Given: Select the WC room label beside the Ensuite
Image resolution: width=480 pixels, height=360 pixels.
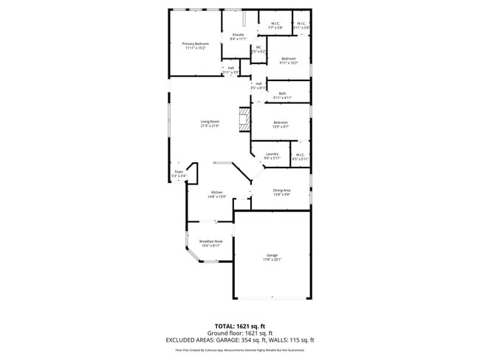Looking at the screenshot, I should (258, 49).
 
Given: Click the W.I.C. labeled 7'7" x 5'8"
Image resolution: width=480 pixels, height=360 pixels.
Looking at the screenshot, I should (275, 25).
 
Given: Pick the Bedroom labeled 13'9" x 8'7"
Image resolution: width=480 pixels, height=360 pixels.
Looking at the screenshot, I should (281, 124).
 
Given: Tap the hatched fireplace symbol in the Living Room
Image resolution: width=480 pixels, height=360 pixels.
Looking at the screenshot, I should (243, 119).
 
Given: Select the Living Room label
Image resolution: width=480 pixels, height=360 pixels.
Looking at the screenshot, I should (210, 123).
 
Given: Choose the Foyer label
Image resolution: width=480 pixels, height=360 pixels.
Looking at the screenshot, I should (179, 173).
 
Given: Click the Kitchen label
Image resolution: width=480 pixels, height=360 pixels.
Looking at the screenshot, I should (216, 194).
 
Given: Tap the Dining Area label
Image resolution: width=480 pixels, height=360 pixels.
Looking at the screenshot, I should (281, 192).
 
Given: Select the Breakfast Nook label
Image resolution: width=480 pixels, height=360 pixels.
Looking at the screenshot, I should (210, 243).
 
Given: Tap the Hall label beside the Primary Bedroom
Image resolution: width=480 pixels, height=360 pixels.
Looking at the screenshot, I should (230, 70).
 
